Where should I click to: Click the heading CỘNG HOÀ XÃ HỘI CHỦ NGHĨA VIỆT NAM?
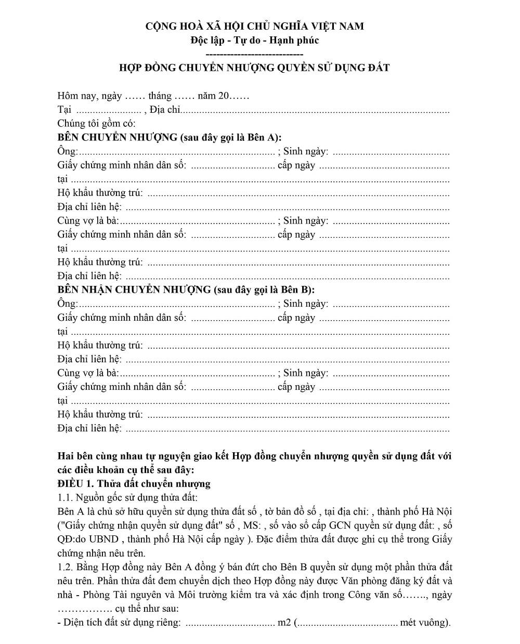coord(254,26)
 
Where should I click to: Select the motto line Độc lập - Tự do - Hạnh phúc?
coord(254,40)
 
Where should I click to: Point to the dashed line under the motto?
coord(254,54)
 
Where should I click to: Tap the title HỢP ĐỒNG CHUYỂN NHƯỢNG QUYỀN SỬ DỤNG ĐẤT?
coord(254,68)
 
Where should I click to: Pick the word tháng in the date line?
coord(160,96)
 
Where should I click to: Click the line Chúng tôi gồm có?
coord(96,124)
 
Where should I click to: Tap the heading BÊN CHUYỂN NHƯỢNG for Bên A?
coord(118,138)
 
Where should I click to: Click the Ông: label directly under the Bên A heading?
coord(67,152)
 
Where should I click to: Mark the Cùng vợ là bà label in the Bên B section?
coord(88,373)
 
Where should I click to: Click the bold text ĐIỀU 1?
coord(76,484)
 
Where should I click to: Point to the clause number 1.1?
coord(65,498)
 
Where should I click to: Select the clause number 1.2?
coord(65,567)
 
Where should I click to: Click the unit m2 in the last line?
coord(284,623)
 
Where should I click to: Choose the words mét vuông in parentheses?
coord(422,623)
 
